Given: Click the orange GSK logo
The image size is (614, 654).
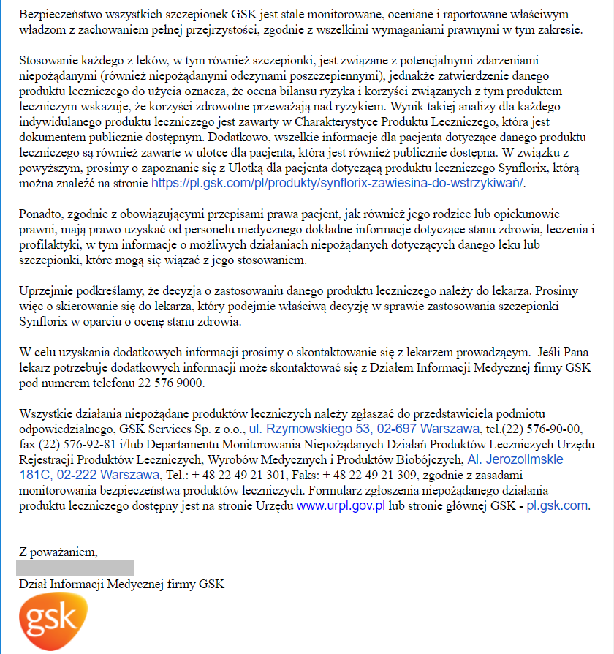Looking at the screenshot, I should pos(53,623).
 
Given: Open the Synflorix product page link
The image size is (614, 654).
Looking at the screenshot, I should pos(338,183).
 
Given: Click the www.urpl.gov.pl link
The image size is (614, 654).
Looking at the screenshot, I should pos(341,505).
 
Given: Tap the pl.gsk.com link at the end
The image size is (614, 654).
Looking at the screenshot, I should pos(557,505).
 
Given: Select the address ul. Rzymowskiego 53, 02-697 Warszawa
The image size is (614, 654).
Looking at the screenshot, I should pos(364,429).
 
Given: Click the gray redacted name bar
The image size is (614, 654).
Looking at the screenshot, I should pos(76,568).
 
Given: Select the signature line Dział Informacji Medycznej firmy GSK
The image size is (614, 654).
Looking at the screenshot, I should pos(122,584).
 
